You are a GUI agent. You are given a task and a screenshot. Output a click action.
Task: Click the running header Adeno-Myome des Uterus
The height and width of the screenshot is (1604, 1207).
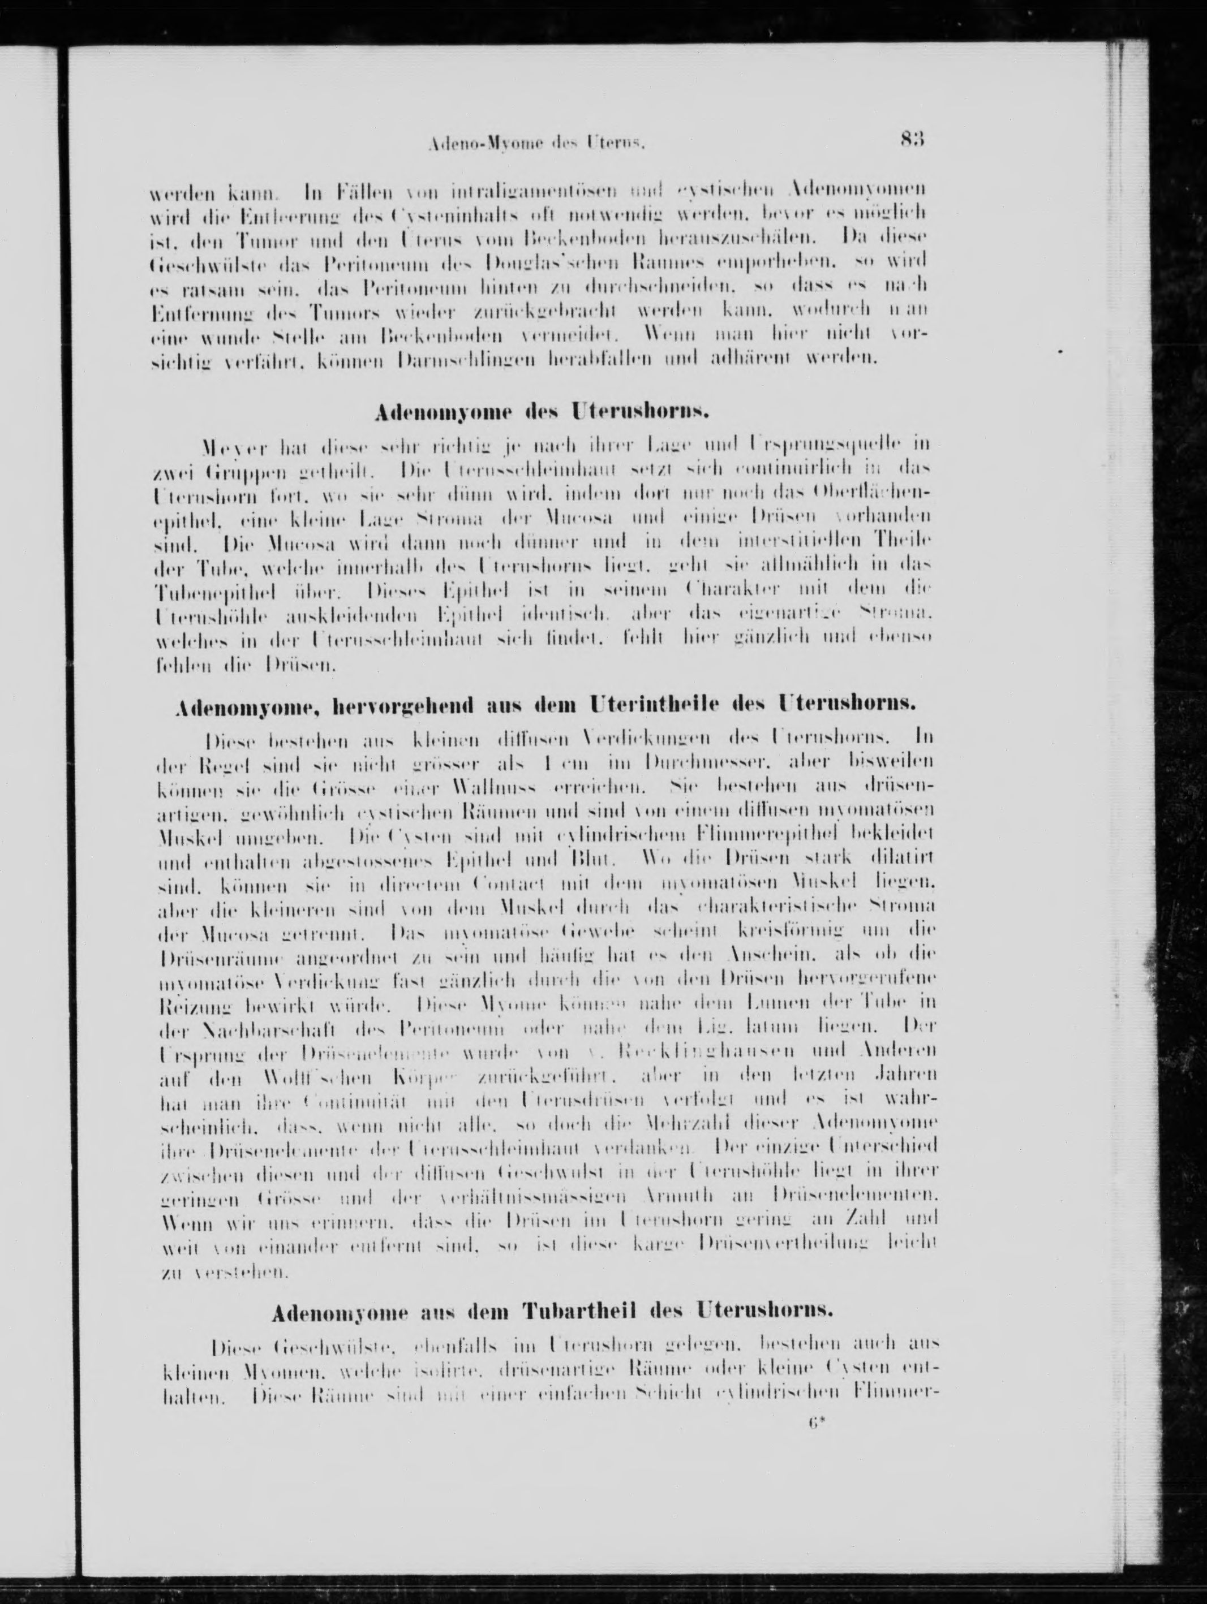[x=537, y=144]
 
